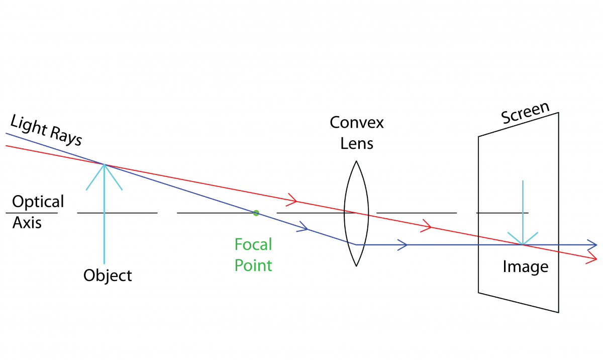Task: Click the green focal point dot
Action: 256,213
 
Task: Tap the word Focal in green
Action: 253,245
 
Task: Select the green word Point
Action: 253,264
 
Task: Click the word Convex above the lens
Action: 357,123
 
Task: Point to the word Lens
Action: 357,143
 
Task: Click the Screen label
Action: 525,113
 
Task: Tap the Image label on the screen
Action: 525,266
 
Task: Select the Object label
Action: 108,276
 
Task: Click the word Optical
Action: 38,202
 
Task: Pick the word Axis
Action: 27,222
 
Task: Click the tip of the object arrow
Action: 104,165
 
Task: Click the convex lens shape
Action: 356,213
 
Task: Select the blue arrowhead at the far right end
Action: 592,245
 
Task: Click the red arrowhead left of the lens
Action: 292,201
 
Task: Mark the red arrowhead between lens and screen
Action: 427,226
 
